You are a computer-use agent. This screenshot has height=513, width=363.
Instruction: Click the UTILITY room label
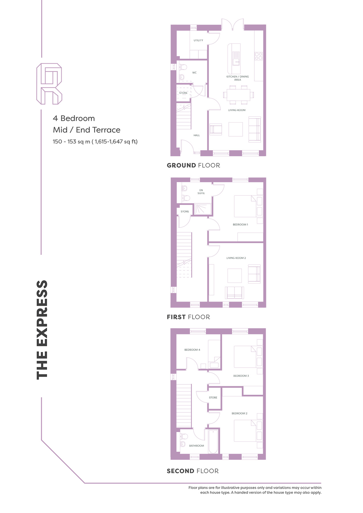(x=198, y=40)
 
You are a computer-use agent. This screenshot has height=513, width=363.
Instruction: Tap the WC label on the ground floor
(x=194, y=73)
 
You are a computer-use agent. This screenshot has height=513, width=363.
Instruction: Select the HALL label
(x=197, y=135)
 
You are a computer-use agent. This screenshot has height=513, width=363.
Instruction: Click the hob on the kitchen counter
(x=259, y=56)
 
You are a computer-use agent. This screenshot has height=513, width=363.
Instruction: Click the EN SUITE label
(x=201, y=192)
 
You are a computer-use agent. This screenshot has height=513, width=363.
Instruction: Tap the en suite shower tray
(x=203, y=209)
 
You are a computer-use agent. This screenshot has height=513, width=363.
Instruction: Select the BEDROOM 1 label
(x=240, y=225)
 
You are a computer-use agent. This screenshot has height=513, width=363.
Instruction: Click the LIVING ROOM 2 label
(x=236, y=258)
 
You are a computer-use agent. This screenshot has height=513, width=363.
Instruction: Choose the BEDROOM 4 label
(x=192, y=350)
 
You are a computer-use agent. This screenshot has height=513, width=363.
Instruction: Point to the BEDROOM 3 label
(x=241, y=376)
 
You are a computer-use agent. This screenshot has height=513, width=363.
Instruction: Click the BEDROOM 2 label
(x=240, y=413)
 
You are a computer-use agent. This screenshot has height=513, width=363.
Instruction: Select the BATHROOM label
(x=196, y=446)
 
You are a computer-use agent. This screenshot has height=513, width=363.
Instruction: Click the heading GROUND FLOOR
(x=193, y=165)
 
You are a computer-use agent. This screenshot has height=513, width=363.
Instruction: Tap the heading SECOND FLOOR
(x=193, y=471)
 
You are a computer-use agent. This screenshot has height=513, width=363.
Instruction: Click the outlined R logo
(x=49, y=84)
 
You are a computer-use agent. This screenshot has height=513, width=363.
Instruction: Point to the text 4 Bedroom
(x=74, y=118)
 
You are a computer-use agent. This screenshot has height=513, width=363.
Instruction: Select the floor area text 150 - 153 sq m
(x=71, y=142)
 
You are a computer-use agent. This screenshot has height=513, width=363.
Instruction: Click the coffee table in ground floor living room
(x=236, y=129)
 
